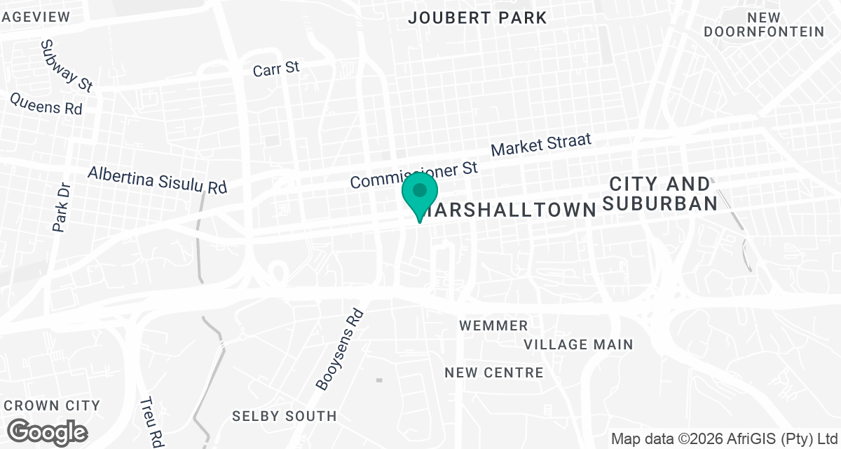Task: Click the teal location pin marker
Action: pos(420,192)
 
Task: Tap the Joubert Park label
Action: pos(477,18)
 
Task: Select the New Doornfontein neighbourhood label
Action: pos(764,25)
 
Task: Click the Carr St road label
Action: pos(276,69)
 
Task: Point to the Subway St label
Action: pos(67,65)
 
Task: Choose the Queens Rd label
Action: pos(46,104)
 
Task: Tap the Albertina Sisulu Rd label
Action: pos(158,180)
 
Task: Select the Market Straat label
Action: pos(541,145)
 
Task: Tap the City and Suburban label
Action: pos(660,194)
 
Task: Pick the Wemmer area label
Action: pos(493,326)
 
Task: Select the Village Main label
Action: pos(579,344)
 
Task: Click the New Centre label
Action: pos(494,373)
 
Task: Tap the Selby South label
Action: pos(284,416)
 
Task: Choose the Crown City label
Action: pos(52,406)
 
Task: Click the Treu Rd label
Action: pos(151,421)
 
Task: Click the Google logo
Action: pos(48,432)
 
